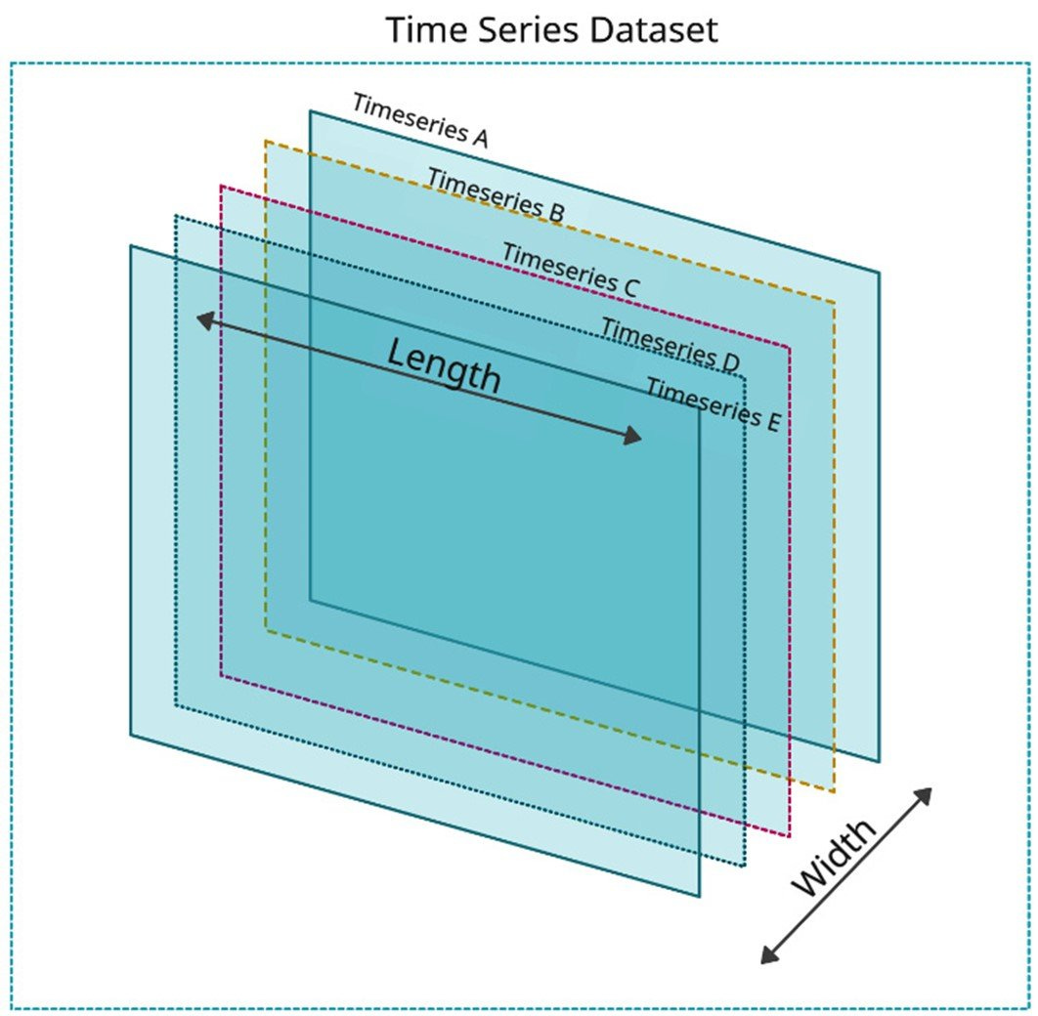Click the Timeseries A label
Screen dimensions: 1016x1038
click(x=419, y=120)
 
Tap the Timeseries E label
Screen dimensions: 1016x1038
click(x=713, y=403)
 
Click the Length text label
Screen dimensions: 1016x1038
click(x=444, y=365)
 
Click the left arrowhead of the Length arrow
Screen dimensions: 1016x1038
click(x=203, y=318)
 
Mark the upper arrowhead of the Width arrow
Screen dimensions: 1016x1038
click(x=924, y=794)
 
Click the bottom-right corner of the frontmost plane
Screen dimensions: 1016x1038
click(x=700, y=896)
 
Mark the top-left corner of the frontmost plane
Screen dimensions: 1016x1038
click(x=131, y=245)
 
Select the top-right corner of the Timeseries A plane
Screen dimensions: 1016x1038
click(x=879, y=273)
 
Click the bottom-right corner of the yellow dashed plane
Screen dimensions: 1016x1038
click(x=835, y=792)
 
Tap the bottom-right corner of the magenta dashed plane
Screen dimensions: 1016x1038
click(x=789, y=836)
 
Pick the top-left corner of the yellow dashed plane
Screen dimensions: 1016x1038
click(x=266, y=141)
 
